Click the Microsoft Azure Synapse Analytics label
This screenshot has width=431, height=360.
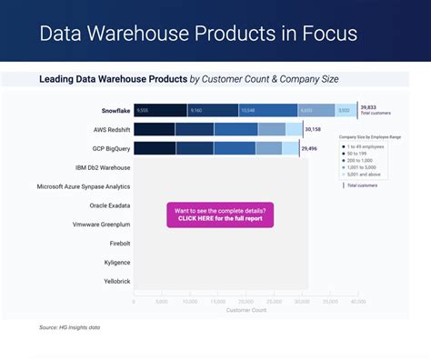coord(84,186)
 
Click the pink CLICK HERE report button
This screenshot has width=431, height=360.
coord(219,215)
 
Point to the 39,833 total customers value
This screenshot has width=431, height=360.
coord(368,107)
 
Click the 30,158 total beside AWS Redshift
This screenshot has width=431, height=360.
coord(312,129)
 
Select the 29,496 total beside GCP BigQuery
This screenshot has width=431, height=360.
coord(310,148)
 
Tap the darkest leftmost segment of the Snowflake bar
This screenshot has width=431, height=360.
coord(160,110)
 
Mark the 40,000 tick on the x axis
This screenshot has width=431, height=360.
coord(357,301)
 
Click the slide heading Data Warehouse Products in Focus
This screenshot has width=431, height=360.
coord(198,35)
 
